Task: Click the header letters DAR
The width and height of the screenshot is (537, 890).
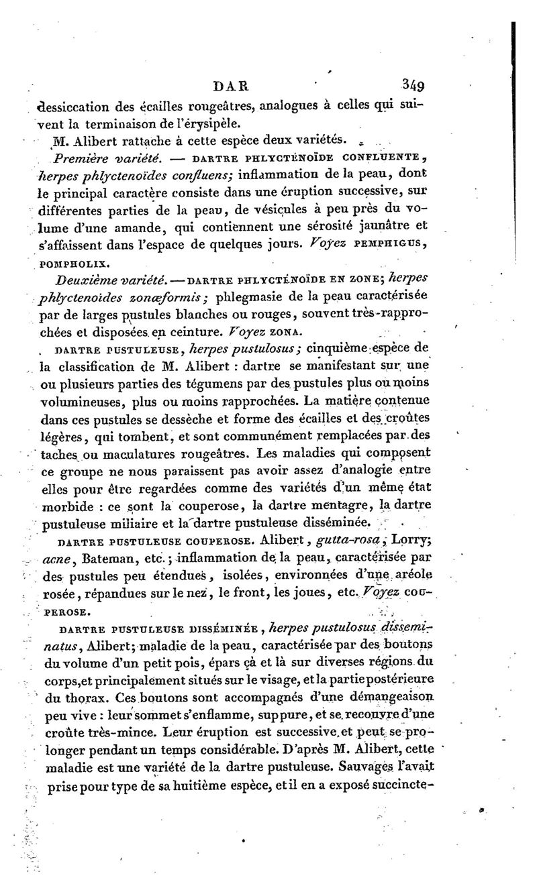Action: click(x=230, y=86)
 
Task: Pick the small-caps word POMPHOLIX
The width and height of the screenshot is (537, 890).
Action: click(x=69, y=262)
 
